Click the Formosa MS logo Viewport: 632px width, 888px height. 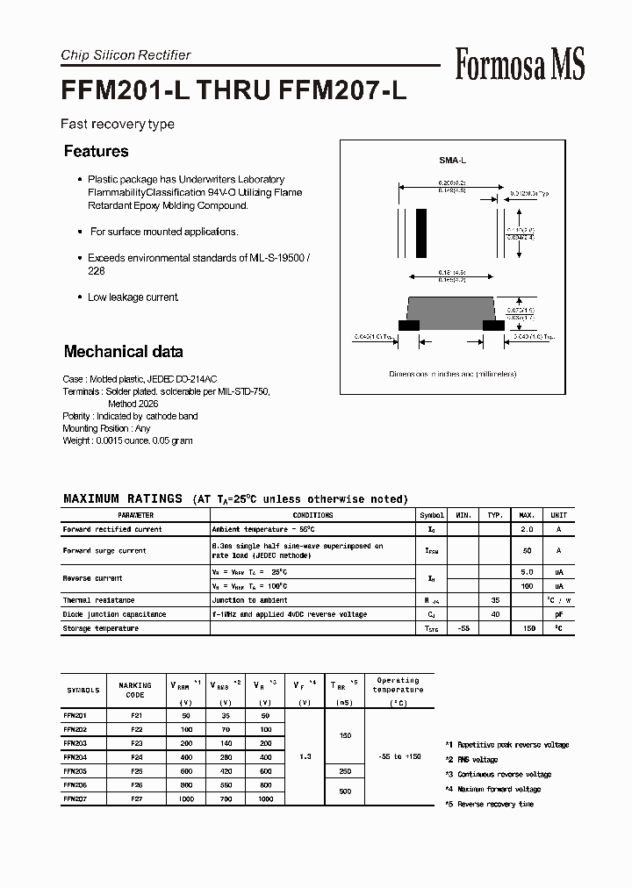(x=520, y=64)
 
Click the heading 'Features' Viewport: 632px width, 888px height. (x=96, y=151)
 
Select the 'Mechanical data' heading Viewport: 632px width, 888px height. (x=123, y=352)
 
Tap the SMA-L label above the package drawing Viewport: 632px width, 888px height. (x=452, y=161)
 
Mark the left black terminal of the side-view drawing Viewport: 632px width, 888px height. (x=408, y=325)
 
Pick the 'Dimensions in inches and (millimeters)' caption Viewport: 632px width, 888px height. (x=452, y=374)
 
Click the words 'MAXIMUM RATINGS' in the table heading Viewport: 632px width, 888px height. (x=123, y=498)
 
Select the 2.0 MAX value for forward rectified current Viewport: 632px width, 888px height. (x=528, y=530)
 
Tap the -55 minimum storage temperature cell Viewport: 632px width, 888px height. (x=464, y=628)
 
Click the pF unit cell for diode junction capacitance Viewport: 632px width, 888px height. (x=558, y=614)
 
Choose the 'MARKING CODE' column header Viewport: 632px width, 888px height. (x=134, y=690)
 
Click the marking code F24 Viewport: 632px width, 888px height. (x=135, y=756)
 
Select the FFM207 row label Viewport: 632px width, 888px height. (x=75, y=798)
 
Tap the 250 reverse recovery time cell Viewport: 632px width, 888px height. (x=344, y=770)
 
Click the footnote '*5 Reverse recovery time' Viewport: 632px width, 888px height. (x=489, y=804)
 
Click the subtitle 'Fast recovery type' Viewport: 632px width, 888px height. (x=117, y=125)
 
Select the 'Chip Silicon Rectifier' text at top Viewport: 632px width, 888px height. (x=126, y=55)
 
